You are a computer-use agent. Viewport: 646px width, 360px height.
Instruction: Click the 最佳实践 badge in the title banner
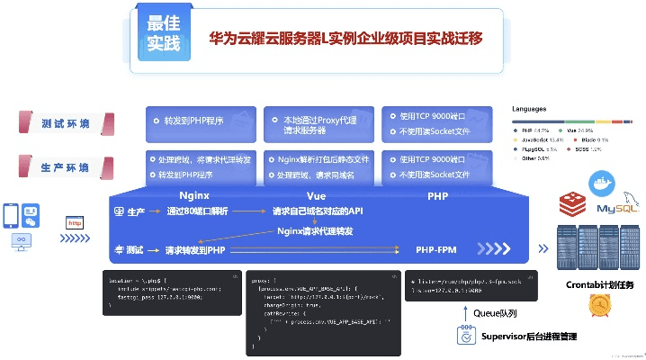coord(164,33)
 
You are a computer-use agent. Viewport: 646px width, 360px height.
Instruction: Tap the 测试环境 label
coord(64,123)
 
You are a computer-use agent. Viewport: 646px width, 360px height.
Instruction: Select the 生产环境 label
coord(64,167)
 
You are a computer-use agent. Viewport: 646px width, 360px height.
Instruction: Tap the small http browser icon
coord(76,221)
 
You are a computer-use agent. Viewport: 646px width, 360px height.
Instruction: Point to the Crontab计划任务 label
coord(600,284)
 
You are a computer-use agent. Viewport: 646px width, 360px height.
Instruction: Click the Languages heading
coord(531,108)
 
